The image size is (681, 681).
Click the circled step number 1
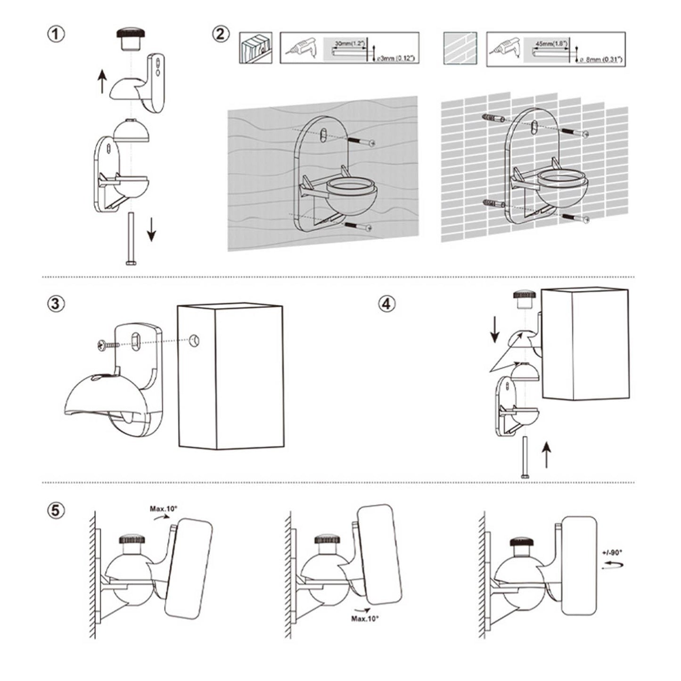(x=56, y=34)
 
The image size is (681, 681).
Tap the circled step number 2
(x=222, y=34)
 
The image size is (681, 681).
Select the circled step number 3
(x=56, y=304)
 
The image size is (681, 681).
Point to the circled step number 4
(x=386, y=304)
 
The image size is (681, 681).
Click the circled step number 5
(x=56, y=510)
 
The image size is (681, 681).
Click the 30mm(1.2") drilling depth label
(x=349, y=43)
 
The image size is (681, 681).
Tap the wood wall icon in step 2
(x=255, y=48)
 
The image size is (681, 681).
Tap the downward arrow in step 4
(x=495, y=330)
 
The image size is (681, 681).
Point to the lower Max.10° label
(x=365, y=618)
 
